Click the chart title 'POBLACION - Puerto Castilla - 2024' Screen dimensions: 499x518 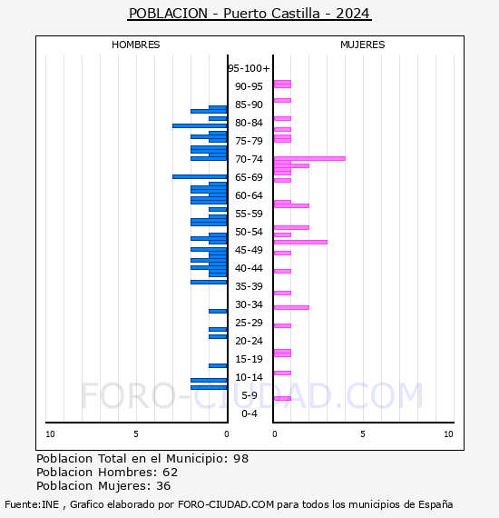tap(249, 14)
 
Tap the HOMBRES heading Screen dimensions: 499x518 tap(135, 45)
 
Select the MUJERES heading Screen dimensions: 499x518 tap(363, 45)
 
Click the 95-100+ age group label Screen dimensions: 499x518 tap(249, 68)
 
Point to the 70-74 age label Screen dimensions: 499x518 tap(249, 159)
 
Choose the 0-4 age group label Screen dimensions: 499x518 tap(249, 413)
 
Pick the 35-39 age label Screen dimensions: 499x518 tap(249, 286)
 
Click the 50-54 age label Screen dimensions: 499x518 tap(249, 232)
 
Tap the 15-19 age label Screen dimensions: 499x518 tap(249, 359)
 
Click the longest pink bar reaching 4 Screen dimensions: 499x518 tap(309, 158)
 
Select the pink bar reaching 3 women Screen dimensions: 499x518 tap(300, 242)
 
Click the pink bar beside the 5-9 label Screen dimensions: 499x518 tap(282, 398)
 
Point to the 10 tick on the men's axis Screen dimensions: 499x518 tap(50, 434)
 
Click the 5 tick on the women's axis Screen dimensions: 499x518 tap(363, 434)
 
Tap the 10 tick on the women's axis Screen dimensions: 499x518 tap(448, 434)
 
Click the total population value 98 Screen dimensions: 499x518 tap(240, 459)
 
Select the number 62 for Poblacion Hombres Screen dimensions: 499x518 tap(171, 473)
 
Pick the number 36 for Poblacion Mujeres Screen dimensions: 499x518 tap(163, 486)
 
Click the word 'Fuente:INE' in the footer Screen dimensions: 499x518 tap(32, 504)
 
